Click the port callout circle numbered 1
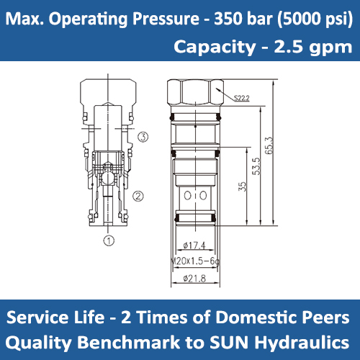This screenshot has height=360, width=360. click(109, 240)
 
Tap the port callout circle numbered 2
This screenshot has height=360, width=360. click(140, 194)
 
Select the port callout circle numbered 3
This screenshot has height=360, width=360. click(144, 136)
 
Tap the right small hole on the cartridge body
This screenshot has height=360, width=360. click(194, 195)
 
